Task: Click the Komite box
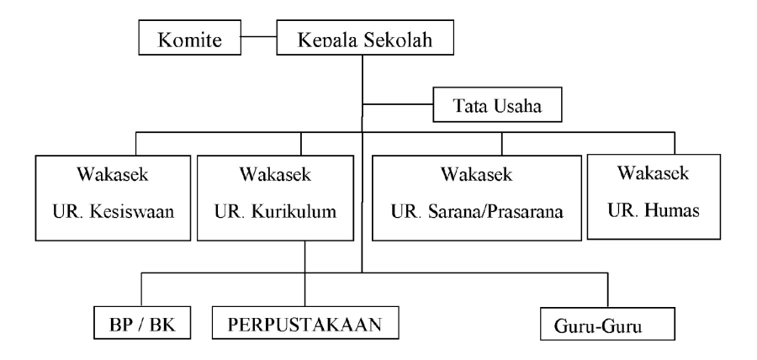click(190, 39)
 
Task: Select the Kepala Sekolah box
click(363, 39)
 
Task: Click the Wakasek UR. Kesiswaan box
click(111, 199)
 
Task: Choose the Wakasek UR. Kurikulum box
click(276, 199)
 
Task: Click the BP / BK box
click(141, 322)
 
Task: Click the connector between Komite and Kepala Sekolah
click(260, 38)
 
